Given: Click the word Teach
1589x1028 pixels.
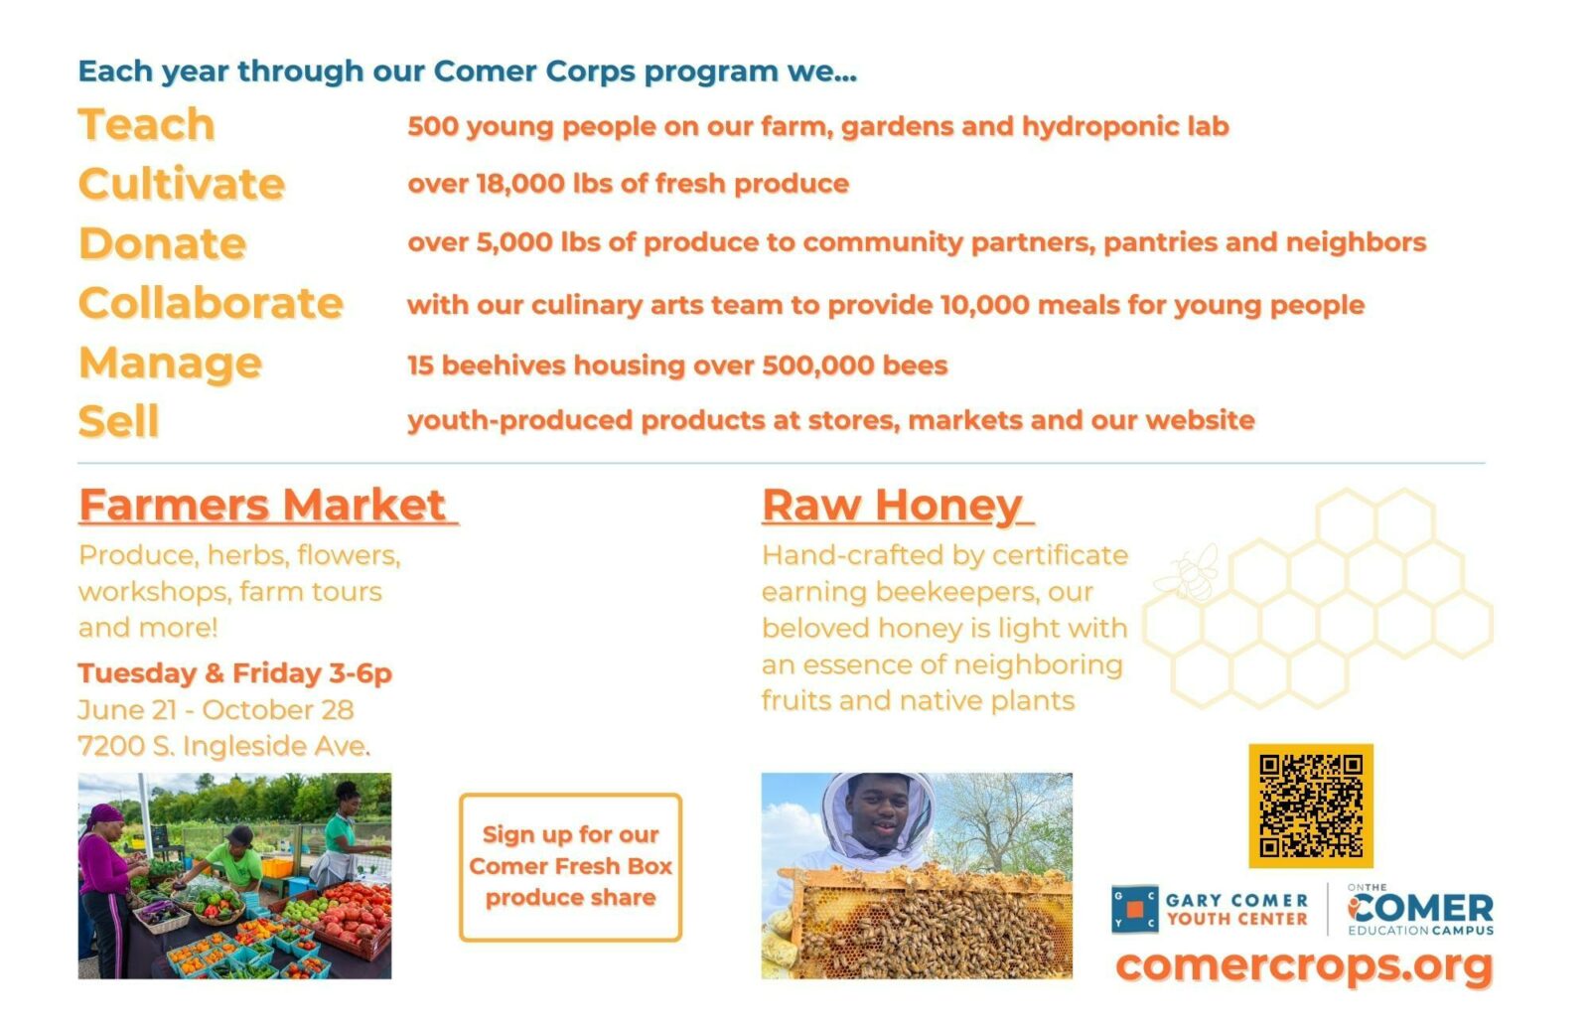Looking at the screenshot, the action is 146,125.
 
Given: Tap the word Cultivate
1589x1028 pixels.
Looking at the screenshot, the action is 182,184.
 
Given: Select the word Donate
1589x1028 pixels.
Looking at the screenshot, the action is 163,243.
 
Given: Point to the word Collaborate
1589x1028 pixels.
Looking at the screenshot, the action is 211,303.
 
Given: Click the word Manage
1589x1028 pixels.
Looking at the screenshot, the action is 170,364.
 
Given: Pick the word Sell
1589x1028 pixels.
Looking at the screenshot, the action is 118,421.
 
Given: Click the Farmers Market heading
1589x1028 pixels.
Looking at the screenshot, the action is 268,506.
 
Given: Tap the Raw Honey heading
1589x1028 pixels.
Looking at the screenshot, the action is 898,507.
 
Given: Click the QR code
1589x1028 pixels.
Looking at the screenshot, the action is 1311,806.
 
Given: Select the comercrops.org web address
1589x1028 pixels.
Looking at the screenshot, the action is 1305,965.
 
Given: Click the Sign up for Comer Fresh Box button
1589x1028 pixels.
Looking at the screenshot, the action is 570,867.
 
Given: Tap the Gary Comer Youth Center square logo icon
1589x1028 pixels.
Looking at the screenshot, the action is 1135,909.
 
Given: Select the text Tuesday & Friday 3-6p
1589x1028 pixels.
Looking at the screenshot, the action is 234,673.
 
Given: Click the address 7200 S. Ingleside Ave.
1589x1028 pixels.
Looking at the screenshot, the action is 224,746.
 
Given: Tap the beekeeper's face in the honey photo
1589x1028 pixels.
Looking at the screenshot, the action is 879,812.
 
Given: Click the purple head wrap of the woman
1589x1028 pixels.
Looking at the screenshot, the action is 103,814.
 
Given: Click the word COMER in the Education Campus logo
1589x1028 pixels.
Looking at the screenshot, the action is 1421,908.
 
